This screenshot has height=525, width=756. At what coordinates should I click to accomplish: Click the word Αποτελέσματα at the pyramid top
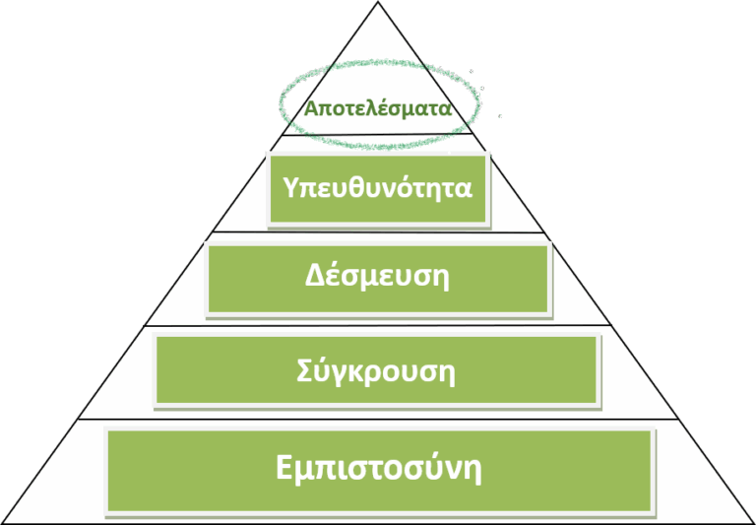pos(378,108)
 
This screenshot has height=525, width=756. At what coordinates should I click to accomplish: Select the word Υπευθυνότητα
pos(378,187)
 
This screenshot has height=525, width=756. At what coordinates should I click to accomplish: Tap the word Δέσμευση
pos(377,276)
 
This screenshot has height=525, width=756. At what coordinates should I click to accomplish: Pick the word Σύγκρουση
pos(376,370)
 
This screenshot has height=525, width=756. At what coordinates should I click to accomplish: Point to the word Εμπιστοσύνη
pos(379,467)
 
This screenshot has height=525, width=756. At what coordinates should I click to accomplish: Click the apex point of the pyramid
pos(378,1)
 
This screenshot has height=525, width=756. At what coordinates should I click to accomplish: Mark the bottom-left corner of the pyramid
pos(1,523)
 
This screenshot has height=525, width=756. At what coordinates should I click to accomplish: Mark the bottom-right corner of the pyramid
pos(755,523)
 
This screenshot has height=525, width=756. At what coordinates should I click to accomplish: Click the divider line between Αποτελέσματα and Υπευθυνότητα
pos(378,135)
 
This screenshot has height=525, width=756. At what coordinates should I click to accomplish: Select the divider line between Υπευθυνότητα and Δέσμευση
pos(378,232)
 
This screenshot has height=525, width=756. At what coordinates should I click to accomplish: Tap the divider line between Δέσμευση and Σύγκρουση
pos(378,325)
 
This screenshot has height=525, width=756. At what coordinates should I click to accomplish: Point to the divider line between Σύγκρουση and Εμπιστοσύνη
pos(378,420)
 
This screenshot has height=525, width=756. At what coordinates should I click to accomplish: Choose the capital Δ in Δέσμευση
pos(315,276)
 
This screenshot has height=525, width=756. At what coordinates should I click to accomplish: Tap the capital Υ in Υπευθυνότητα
pos(291,187)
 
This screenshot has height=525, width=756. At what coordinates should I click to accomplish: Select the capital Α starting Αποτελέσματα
pos(312,108)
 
